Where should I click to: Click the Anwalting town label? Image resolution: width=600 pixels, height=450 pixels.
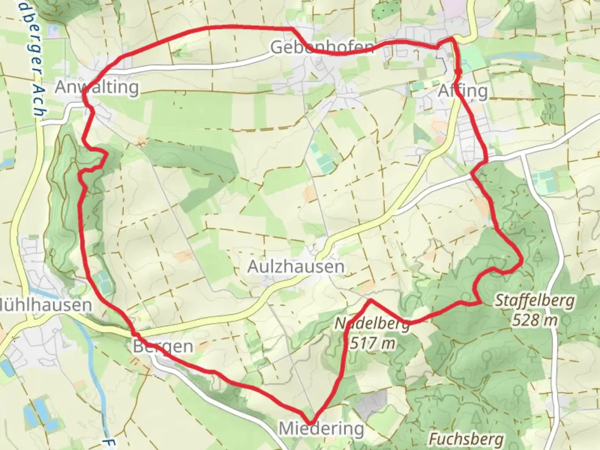pos(97,87)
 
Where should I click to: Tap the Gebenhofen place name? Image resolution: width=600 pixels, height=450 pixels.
pos(322,47)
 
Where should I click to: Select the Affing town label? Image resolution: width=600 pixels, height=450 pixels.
pos(463,90)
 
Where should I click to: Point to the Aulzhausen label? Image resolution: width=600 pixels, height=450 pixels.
pos(296,266)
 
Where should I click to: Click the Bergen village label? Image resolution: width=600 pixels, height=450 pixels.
pos(163,346)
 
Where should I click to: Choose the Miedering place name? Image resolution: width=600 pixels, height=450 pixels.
pos(321,428)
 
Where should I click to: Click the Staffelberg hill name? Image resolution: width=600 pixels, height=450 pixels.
pos(535,300)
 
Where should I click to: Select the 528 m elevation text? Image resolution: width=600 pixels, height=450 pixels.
pos(535,320)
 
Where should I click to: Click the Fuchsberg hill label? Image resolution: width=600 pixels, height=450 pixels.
pos(466,439)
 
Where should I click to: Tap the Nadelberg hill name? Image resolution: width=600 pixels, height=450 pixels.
pos(372,324)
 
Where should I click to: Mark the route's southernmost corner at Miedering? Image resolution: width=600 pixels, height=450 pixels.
pos(312,422)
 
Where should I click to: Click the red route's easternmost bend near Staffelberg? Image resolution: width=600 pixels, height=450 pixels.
pos(521,260)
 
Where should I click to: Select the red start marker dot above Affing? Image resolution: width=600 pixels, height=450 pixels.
pos(458,72)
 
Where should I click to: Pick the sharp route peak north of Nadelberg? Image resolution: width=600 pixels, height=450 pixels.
pos(370,300)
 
